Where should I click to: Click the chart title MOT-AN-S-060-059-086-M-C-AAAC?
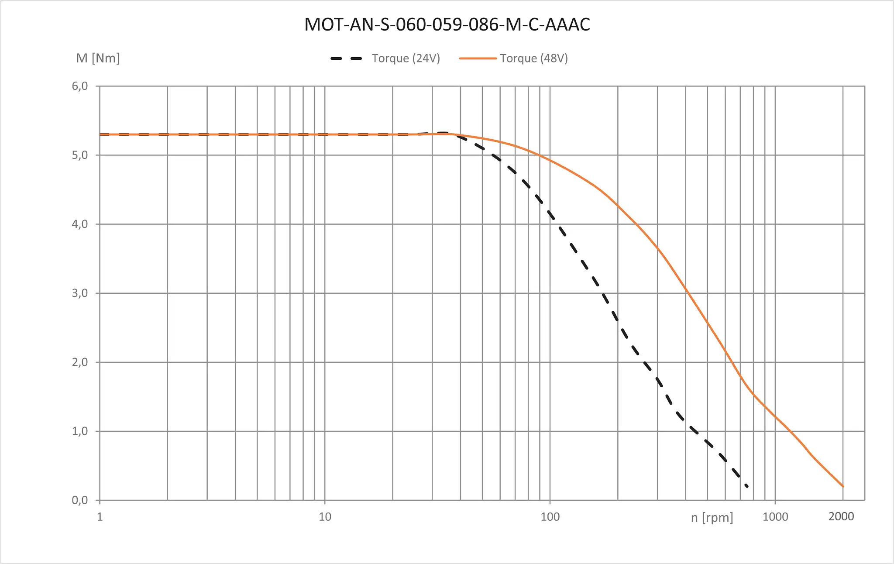(447, 25)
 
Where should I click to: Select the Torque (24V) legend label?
(406, 58)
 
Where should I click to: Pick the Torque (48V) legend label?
(534, 58)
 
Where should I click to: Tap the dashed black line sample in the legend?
(347, 58)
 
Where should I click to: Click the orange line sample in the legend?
(478, 58)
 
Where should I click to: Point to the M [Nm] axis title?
(98, 58)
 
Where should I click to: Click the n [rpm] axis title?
(712, 518)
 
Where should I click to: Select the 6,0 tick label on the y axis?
(80, 86)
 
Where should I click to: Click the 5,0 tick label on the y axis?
(80, 155)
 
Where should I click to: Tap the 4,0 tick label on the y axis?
(80, 224)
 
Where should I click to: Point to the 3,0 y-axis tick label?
(80, 293)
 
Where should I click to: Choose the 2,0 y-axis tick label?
(80, 362)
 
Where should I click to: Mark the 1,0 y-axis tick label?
(80, 431)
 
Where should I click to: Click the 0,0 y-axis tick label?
(80, 500)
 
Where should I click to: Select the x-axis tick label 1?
(100, 517)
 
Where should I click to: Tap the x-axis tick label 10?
(325, 517)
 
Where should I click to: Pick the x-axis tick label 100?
(550, 517)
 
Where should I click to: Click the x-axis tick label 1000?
(775, 517)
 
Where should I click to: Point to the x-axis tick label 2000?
(841, 516)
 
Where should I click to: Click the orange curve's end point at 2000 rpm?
(843, 486)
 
